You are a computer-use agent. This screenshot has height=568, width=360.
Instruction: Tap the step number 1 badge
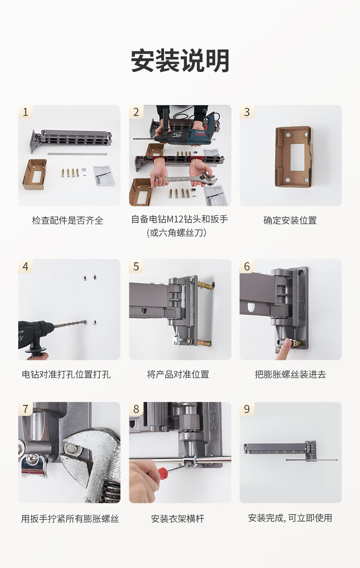[26, 112]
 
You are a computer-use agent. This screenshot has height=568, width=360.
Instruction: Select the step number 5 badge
[136, 266]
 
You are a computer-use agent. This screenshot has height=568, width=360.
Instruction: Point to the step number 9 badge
[247, 409]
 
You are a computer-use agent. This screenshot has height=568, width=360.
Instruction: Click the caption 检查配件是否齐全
[67, 220]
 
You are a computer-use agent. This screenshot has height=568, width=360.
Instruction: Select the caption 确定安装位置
[290, 220]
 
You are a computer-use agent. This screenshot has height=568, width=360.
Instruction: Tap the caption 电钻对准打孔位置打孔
[66, 374]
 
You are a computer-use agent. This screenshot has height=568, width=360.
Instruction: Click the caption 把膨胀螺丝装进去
[290, 374]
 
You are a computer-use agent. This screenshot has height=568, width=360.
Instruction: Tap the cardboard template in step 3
[293, 156]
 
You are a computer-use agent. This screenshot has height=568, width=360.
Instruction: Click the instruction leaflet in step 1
[104, 175]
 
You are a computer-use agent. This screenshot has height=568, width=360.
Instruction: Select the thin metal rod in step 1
[77, 154]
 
